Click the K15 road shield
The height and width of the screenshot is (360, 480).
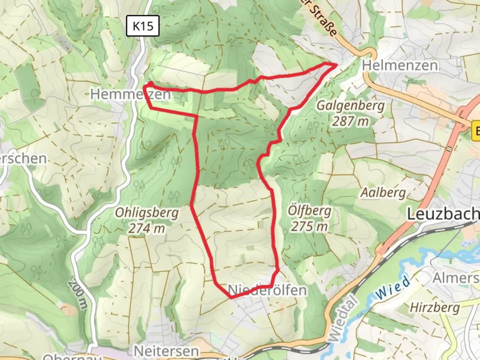tap(143, 26)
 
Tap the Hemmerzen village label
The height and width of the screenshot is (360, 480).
tap(130, 94)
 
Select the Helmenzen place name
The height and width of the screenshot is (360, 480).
tap(400, 65)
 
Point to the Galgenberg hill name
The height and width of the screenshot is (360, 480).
tap(350, 105)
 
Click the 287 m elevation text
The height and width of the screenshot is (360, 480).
tap(350, 121)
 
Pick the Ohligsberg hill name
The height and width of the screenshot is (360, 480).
tap(147, 213)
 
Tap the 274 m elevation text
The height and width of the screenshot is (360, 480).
tap(147, 229)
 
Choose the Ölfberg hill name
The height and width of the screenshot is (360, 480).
tap(310, 211)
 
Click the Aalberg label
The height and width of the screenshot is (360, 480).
tap(383, 193)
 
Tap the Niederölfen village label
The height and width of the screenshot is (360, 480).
tap(268, 290)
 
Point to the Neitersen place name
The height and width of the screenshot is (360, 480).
tap(166, 351)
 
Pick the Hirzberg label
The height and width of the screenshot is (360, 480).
tap(435, 307)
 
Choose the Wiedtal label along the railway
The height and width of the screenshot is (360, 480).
tap(342, 318)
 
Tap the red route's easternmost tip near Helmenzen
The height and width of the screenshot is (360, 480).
tap(336, 64)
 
